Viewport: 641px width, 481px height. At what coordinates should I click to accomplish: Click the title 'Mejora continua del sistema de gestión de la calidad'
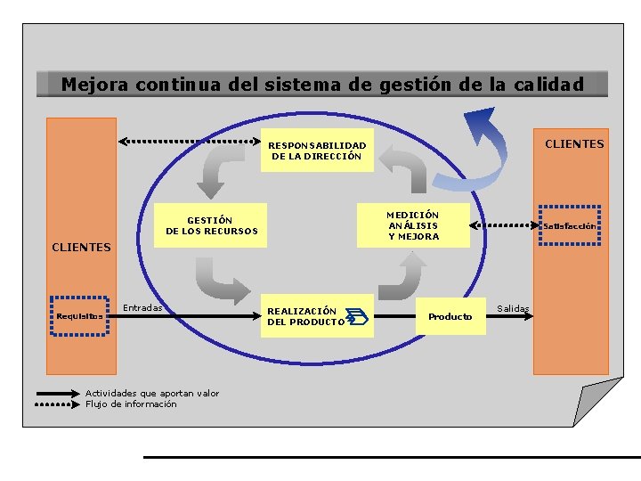coord(322,85)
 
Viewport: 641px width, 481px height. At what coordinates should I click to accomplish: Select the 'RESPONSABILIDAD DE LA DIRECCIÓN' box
coord(317,151)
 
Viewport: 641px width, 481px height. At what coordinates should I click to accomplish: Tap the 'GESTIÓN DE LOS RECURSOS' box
coord(211,225)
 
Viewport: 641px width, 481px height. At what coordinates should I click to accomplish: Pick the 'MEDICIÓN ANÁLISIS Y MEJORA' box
coord(413,225)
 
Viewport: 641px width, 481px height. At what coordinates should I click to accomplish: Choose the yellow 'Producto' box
coord(450,316)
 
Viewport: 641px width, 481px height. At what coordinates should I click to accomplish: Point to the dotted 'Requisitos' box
coord(79,315)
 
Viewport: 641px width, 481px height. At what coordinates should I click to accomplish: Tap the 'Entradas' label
coord(142,307)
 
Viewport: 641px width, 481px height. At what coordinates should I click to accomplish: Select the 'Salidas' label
coord(513,308)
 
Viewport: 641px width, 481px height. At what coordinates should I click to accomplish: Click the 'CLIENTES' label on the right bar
coord(574,143)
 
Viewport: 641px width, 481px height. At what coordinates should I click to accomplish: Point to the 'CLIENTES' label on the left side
coord(81,247)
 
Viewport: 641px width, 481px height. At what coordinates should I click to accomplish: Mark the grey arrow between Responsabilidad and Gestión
coord(217,168)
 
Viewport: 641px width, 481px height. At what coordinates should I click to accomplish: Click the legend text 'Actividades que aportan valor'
coord(152,393)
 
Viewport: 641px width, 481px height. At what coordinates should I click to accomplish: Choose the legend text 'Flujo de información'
coord(131,404)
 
